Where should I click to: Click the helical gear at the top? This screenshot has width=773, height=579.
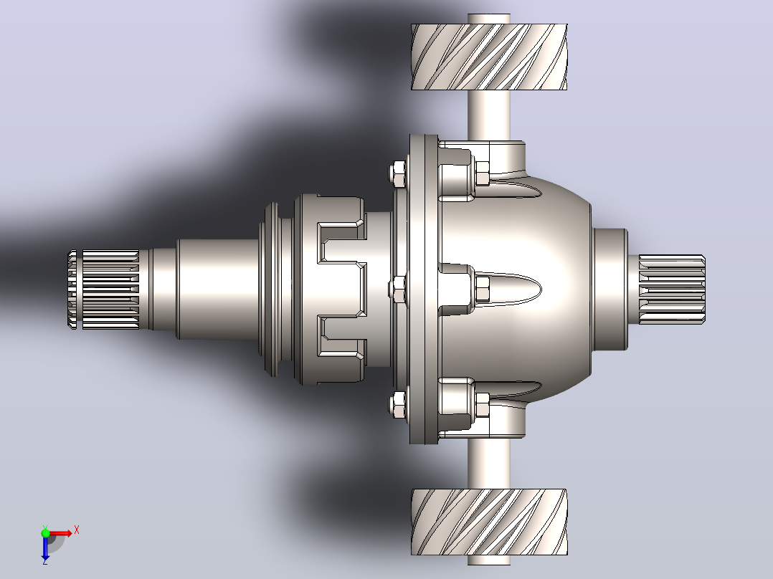[489, 57]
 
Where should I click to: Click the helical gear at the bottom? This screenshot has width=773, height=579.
[489, 522]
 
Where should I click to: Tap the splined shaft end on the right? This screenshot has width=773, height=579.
[672, 289]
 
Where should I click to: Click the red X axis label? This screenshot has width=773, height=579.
[77, 530]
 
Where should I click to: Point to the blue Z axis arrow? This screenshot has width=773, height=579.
[45, 548]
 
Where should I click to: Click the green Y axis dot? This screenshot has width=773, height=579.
[45, 533]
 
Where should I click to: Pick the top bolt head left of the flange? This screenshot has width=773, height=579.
[397, 173]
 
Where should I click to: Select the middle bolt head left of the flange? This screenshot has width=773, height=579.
[397, 289]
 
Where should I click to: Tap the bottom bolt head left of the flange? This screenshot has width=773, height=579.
[397, 405]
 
